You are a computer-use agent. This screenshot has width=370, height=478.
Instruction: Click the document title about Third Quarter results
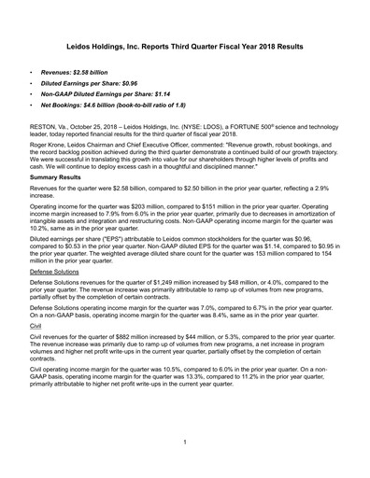click(184, 44)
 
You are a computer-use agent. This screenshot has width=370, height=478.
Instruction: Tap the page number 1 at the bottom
click(185, 442)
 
